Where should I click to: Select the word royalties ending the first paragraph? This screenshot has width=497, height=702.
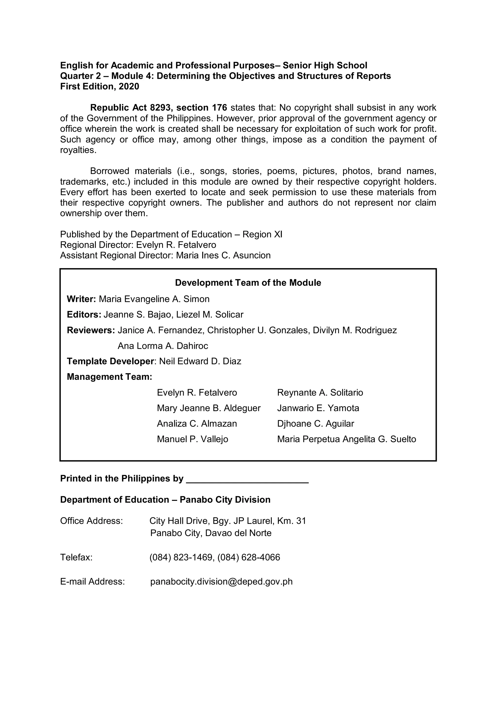[78, 150]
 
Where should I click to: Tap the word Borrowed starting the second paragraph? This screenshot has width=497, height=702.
[109, 171]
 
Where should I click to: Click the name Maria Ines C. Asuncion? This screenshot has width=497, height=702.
[223, 255]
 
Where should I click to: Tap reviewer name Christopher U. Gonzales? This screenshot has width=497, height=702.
[258, 330]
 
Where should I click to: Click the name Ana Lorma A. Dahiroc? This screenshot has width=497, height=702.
[163, 346]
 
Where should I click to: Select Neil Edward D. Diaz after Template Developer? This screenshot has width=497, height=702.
[200, 361]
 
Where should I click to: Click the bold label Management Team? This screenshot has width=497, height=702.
[109, 377]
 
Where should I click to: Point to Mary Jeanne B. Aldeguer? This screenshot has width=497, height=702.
[209, 408]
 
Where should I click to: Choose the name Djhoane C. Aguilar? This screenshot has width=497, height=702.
[315, 423]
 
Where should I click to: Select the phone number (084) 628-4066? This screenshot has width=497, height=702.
[249, 557]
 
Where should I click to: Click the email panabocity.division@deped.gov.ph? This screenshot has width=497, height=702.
[221, 581]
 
